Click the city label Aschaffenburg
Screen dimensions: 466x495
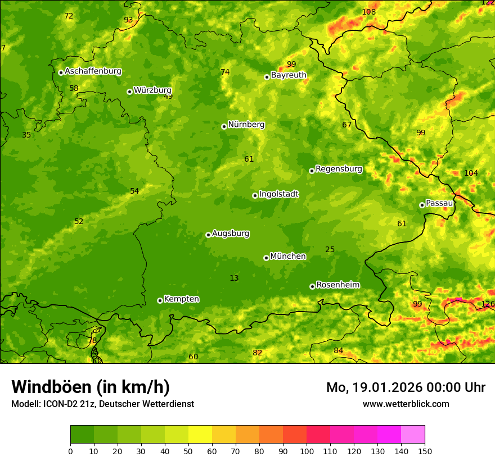pyautogui.click(x=93, y=71)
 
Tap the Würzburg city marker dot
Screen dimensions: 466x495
pyautogui.click(x=129, y=92)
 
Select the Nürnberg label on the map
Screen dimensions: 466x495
pyautogui.click(x=246, y=125)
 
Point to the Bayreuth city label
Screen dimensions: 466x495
pyautogui.click(x=289, y=75)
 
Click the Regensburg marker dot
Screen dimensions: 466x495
pyautogui.click(x=312, y=171)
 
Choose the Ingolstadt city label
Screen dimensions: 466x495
pyautogui.click(x=278, y=194)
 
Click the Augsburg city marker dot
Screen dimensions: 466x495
pyautogui.click(x=208, y=235)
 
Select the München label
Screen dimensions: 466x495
pyautogui.click(x=288, y=257)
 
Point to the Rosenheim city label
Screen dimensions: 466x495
pyautogui.click(x=338, y=285)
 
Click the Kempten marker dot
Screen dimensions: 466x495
pyautogui.click(x=160, y=300)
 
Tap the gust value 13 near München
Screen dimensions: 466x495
pyautogui.click(x=234, y=278)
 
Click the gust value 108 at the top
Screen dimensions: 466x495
pyautogui.click(x=369, y=12)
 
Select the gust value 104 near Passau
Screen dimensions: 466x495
pyautogui.click(x=471, y=173)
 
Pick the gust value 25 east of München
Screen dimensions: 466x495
pyautogui.click(x=330, y=249)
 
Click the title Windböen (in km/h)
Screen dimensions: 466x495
pyautogui.click(x=91, y=387)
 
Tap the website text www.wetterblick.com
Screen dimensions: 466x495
pyautogui.click(x=406, y=404)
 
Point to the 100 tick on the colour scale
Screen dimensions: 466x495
pyautogui.click(x=307, y=451)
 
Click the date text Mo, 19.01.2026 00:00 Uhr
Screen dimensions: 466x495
pyautogui.click(x=406, y=387)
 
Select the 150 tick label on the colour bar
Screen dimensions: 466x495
pyautogui.click(x=425, y=451)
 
